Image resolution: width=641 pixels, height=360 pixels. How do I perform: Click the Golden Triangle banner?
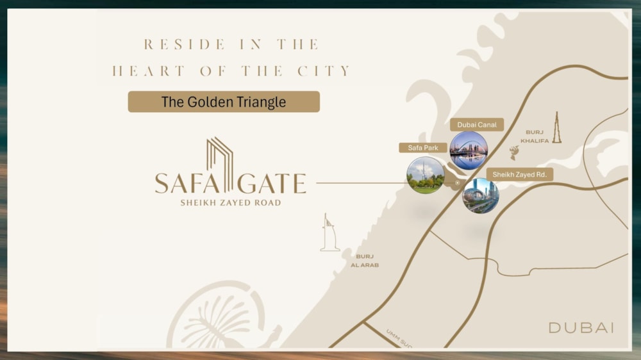point(224,102)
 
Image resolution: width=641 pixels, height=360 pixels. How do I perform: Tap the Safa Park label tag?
point(423,148)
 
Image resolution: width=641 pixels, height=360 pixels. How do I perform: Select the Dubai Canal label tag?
point(477,125)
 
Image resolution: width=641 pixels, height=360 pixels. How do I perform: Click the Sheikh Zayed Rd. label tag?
point(519,174)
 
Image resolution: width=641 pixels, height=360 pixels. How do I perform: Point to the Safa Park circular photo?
point(426,175)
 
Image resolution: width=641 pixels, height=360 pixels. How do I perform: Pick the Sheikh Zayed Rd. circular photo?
point(481,195)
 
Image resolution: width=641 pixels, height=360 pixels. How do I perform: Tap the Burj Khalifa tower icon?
point(556,127)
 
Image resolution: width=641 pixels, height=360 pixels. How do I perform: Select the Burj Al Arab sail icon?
point(329,233)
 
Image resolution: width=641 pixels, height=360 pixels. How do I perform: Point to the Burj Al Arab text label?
point(365,261)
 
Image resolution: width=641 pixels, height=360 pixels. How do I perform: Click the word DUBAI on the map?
point(581,327)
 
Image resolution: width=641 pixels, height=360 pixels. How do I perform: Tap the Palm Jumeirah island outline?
point(218,320)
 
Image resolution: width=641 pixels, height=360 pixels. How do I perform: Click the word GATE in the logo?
point(271,184)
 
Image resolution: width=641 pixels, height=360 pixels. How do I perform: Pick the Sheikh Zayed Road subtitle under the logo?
point(230,203)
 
